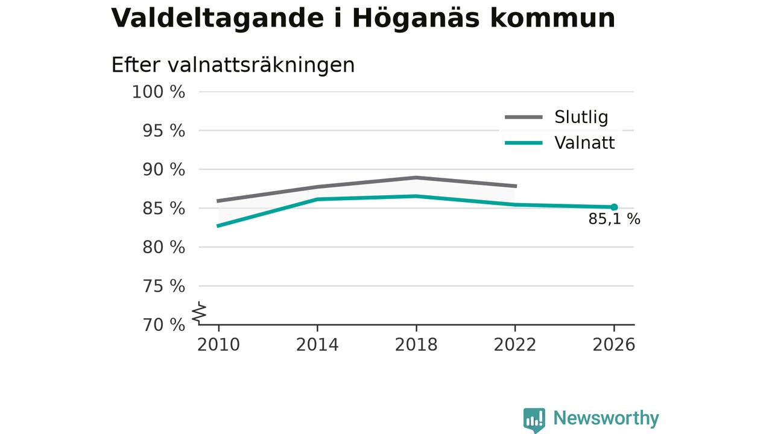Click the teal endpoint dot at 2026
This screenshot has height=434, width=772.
point(614,207)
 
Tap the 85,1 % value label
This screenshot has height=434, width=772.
point(614,219)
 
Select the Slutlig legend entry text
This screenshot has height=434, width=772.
point(581,117)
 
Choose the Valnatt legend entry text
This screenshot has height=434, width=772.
point(584,143)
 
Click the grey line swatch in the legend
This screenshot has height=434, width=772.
point(524,117)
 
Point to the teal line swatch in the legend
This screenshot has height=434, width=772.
point(524,143)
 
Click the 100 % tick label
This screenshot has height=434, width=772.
point(159,92)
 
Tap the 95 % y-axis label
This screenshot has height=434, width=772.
point(163,131)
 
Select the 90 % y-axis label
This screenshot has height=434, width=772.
point(163,170)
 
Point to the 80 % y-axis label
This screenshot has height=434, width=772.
point(163,247)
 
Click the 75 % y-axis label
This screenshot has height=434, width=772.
point(163,286)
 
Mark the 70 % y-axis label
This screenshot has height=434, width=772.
point(163,325)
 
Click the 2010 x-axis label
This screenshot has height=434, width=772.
point(218,345)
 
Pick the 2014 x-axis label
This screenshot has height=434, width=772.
point(317,345)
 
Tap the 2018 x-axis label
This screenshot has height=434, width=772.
point(416,345)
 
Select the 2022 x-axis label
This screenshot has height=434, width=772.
point(515,345)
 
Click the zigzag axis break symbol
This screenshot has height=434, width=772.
point(199,313)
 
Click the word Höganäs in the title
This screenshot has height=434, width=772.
point(416,18)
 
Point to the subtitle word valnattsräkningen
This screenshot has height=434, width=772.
point(261,66)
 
